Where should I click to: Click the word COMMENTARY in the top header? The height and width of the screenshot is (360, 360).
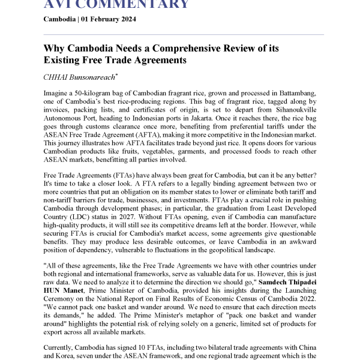[136, 5]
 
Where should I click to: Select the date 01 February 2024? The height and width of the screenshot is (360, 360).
[112, 19]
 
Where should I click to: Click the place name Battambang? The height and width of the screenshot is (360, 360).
[299, 95]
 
